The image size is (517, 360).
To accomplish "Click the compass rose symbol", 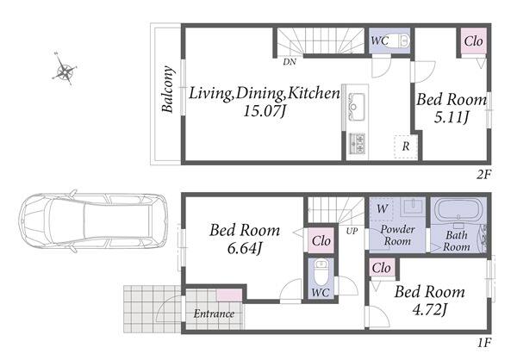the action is pyautogui.click(x=65, y=69).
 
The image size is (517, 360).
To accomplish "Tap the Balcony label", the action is pyautogui.click(x=167, y=90).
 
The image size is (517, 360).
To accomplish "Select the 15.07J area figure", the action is pyautogui.click(x=265, y=111).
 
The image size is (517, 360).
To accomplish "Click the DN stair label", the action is pyautogui.click(x=290, y=62).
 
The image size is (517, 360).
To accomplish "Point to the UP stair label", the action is pyautogui.click(x=352, y=231).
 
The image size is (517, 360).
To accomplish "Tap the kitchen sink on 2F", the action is pyautogui.click(x=357, y=107).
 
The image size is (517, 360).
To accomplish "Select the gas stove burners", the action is pyautogui.click(x=357, y=143).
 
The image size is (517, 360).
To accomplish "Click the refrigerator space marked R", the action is pyautogui.click(x=406, y=147).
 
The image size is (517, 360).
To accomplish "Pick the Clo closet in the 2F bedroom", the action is pyautogui.click(x=473, y=41).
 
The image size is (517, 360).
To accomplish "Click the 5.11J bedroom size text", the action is pyautogui.click(x=451, y=117).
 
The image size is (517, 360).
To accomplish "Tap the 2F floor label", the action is pyautogui.click(x=483, y=175).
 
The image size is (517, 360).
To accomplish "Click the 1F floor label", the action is pyautogui.click(x=484, y=343).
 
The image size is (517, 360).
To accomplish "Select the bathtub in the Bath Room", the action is pyautogui.click(x=458, y=210).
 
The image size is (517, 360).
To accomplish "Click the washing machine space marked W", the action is pyautogui.click(x=382, y=209).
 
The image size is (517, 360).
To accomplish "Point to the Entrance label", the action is pyautogui.click(x=214, y=313).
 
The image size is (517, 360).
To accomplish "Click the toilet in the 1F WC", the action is pyautogui.click(x=321, y=272).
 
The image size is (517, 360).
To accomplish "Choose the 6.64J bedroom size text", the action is pyautogui.click(x=244, y=249).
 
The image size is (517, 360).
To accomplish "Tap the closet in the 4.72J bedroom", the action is pyautogui.click(x=382, y=268).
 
